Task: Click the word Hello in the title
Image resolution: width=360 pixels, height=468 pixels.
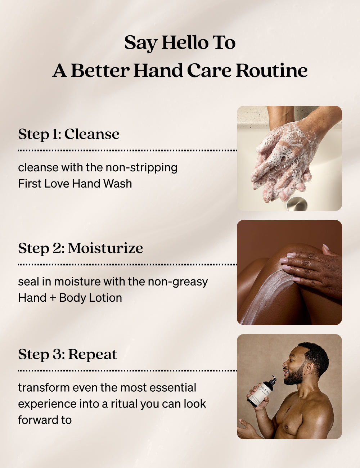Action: tap(185, 42)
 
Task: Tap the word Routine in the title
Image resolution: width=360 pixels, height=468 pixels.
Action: tap(272, 71)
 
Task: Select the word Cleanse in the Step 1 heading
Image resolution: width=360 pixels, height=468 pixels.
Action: tap(92, 134)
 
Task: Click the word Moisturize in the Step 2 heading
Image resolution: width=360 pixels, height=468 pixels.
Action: tap(105, 248)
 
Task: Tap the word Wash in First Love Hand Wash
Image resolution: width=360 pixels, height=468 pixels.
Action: tap(118, 184)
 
